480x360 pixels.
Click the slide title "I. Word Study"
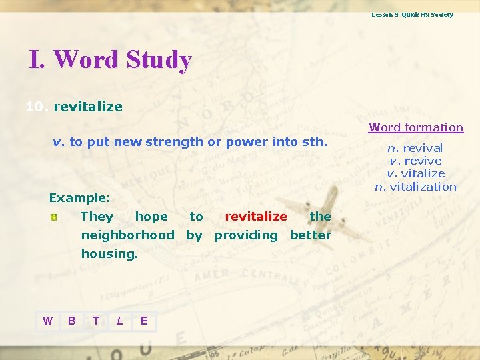pyautogui.click(x=111, y=60)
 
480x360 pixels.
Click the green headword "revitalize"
pyautogui.click(x=88, y=107)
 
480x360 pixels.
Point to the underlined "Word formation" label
pyautogui.click(x=416, y=127)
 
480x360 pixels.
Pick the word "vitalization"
pyautogui.click(x=423, y=187)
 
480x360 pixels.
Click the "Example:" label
pyautogui.click(x=79, y=198)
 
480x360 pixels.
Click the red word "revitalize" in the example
pyautogui.click(x=256, y=216)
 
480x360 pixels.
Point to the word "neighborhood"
pyautogui.click(x=127, y=235)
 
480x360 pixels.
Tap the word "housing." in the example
pyautogui.click(x=109, y=253)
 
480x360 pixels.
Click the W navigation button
pyautogui.click(x=47, y=321)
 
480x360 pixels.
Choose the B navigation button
pyautogui.click(x=71, y=321)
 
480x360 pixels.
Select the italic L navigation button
pyautogui.click(x=119, y=321)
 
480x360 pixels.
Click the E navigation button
pyautogui.click(x=144, y=321)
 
